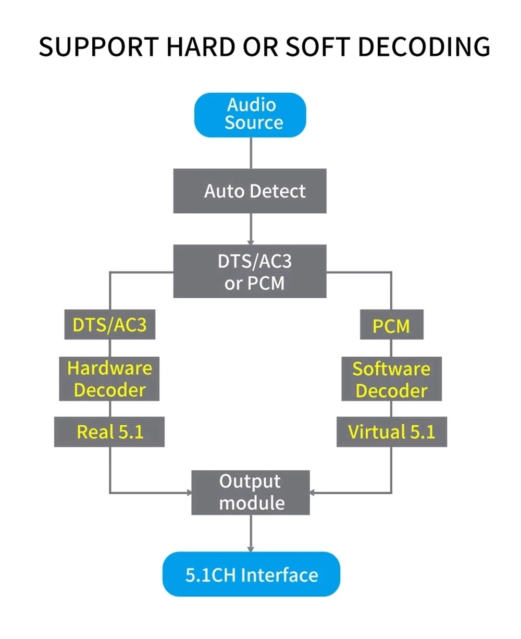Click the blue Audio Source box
tap(250, 115)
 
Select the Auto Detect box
tap(250, 191)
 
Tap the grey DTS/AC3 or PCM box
tap(250, 272)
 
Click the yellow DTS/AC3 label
tap(109, 325)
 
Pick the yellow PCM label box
tap(392, 326)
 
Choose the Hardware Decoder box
tap(109, 379)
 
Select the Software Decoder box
tap(392, 379)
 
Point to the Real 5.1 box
tap(109, 432)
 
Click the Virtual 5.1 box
tap(392, 432)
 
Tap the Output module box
tap(251, 492)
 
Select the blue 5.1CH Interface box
tap(251, 574)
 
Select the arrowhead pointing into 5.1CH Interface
tap(251, 548)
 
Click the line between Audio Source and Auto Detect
tap(251, 153)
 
